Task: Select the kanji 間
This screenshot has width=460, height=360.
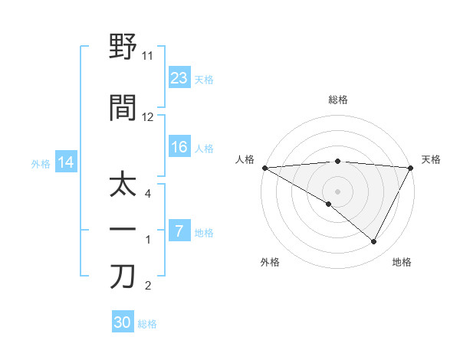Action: [x=123, y=108]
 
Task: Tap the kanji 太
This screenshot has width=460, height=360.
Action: [x=123, y=186]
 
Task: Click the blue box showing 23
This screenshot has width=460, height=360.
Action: [x=179, y=77]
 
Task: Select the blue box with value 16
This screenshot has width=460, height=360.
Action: [x=179, y=148]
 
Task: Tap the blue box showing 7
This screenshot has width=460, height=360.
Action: [x=179, y=231]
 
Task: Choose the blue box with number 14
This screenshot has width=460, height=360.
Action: [x=65, y=162]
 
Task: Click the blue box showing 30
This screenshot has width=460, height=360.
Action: [x=123, y=322]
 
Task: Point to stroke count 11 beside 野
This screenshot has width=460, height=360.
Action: [x=148, y=56]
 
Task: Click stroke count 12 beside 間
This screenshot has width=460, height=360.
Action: [x=148, y=117]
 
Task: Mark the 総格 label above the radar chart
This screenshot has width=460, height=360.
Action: [x=337, y=100]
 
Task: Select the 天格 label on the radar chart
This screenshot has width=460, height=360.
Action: [x=431, y=159]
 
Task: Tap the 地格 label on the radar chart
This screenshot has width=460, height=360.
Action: [x=402, y=262]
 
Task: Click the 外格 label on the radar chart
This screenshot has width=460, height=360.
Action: [x=270, y=262]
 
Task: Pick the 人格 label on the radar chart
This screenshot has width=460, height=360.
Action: [x=245, y=159]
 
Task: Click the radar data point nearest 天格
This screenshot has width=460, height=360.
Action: [x=411, y=167]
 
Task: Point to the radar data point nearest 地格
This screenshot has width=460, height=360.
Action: [x=374, y=241]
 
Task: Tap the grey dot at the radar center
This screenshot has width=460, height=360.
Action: [x=337, y=191]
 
